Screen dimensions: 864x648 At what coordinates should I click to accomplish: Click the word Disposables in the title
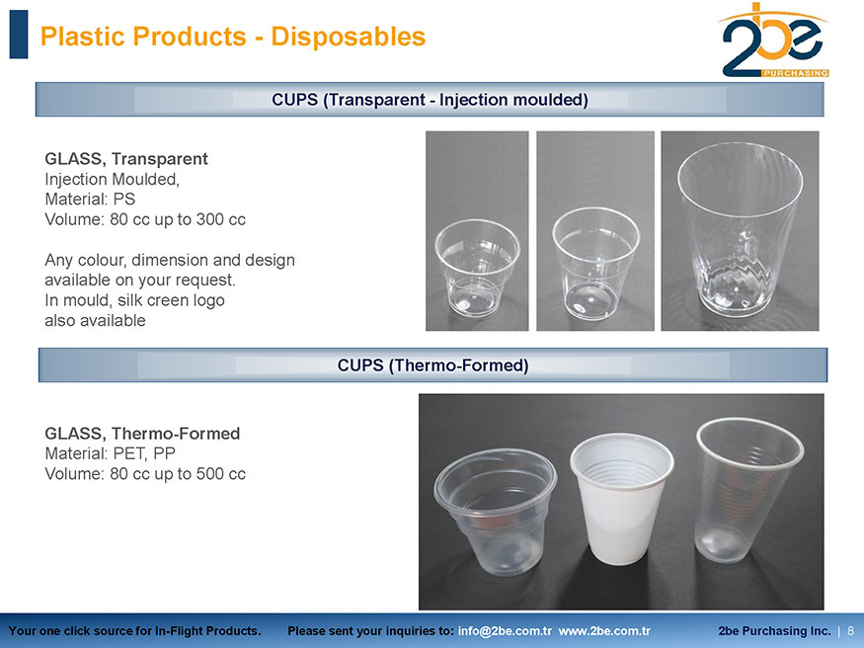point(349,37)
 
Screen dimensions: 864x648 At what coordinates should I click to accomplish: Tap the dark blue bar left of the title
point(19,35)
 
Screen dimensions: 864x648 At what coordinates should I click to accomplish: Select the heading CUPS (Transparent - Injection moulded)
point(430,100)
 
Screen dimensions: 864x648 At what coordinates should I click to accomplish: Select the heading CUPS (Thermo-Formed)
point(433,365)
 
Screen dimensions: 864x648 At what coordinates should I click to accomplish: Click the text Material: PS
point(90,199)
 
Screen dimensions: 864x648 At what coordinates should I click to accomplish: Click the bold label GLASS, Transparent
point(126,159)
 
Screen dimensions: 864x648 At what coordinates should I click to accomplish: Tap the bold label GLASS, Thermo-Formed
point(142,434)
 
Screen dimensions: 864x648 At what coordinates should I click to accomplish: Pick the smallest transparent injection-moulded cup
point(477,269)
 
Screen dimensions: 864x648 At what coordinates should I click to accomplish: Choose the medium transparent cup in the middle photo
point(595,264)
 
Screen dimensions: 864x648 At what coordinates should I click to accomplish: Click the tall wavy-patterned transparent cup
point(740,230)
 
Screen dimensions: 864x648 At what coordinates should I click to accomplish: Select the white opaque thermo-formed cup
point(621,499)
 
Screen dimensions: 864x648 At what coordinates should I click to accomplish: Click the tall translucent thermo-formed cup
point(748,490)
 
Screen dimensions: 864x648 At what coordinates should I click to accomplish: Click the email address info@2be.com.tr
point(505,631)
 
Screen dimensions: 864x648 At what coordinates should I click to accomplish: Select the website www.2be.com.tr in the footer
point(604,631)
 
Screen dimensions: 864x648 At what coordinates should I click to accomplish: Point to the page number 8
point(851,631)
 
